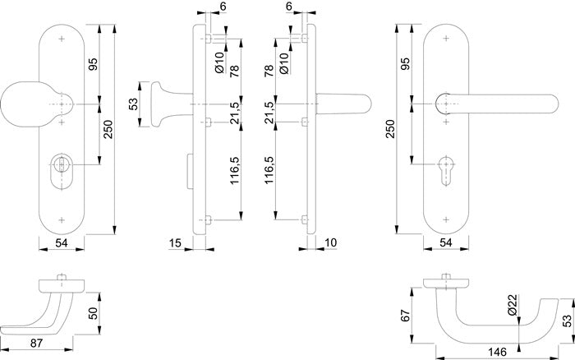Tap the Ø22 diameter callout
point(510,306)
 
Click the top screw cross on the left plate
point(62,38)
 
